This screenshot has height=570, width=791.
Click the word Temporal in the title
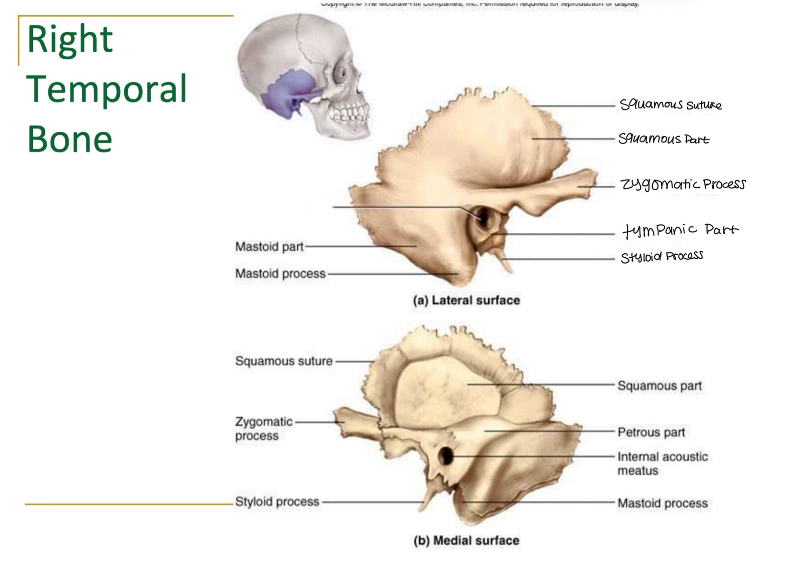107,89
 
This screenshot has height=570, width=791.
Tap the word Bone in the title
70,139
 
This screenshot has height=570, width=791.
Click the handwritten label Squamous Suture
670,105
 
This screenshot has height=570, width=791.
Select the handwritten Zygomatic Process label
683,184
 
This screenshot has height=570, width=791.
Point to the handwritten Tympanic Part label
680,230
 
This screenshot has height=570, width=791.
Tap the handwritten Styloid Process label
662,256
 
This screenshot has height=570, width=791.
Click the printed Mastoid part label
269,247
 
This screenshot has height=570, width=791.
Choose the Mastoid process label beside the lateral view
280,274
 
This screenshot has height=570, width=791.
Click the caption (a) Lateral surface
466,300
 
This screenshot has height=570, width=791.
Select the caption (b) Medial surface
466,541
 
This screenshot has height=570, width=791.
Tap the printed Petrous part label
651,433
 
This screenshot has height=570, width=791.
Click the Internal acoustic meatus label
662,463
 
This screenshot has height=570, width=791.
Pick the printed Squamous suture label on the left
284,361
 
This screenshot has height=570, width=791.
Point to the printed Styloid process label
277,501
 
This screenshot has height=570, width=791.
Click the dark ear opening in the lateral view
483,217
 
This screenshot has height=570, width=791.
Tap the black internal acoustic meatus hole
446,456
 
